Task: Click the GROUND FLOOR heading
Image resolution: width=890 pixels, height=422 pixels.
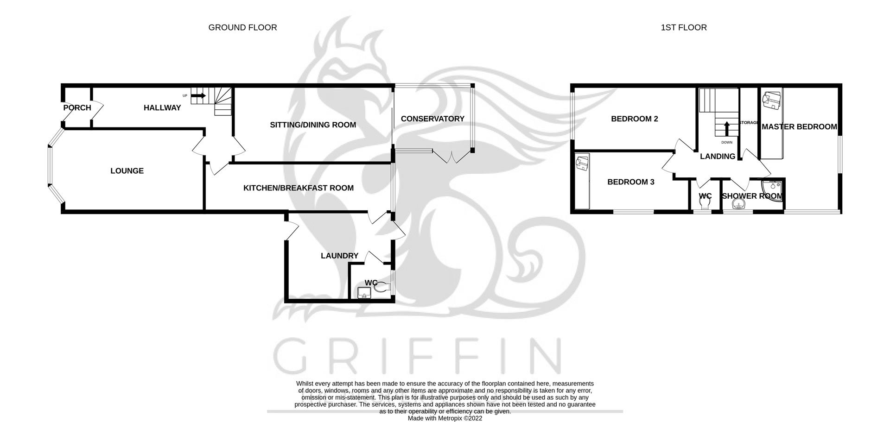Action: pos(242,27)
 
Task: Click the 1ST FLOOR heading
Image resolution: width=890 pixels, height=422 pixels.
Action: pos(683,27)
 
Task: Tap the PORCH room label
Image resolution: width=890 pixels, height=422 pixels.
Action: pos(77,107)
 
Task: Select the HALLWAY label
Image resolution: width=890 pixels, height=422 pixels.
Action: pos(162,107)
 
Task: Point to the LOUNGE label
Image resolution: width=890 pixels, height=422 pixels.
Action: pos(127,170)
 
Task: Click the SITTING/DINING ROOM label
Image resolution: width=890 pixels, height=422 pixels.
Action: pos(313,124)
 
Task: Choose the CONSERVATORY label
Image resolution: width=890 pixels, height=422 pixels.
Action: pos(432,119)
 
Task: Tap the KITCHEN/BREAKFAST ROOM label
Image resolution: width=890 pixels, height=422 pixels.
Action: pos(298,188)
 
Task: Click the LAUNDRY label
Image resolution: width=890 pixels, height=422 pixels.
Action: pos(339,255)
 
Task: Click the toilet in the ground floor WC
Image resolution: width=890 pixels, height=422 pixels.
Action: pos(381,288)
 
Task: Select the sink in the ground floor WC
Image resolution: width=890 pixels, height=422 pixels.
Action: pos(364,293)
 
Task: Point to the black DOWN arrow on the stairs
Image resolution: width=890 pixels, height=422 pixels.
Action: pos(726,127)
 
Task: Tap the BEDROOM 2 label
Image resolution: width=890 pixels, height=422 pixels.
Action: pos(634,119)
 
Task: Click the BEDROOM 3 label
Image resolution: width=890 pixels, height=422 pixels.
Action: pos(630,182)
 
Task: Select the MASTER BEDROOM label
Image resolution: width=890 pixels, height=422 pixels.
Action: pos(799,126)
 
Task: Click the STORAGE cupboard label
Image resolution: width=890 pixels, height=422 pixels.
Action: pos(748,123)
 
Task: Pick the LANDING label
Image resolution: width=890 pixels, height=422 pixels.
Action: pos(717,156)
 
